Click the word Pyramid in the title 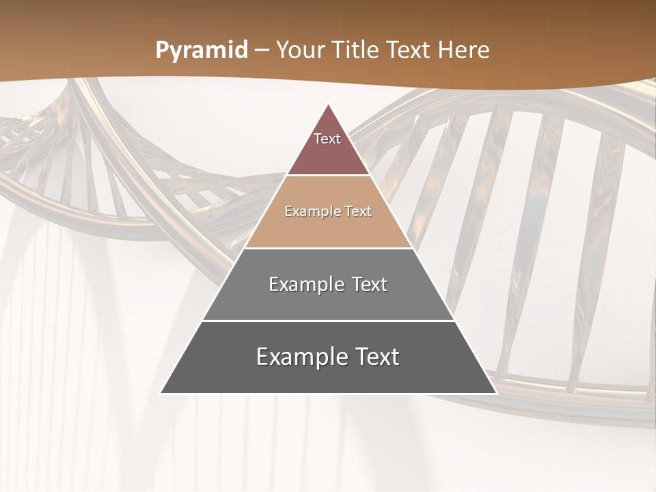(201, 51)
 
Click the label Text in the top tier (327, 139)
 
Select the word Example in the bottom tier (301, 357)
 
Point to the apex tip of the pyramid (329, 105)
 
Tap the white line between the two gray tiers (329, 320)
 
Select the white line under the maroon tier (329, 176)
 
